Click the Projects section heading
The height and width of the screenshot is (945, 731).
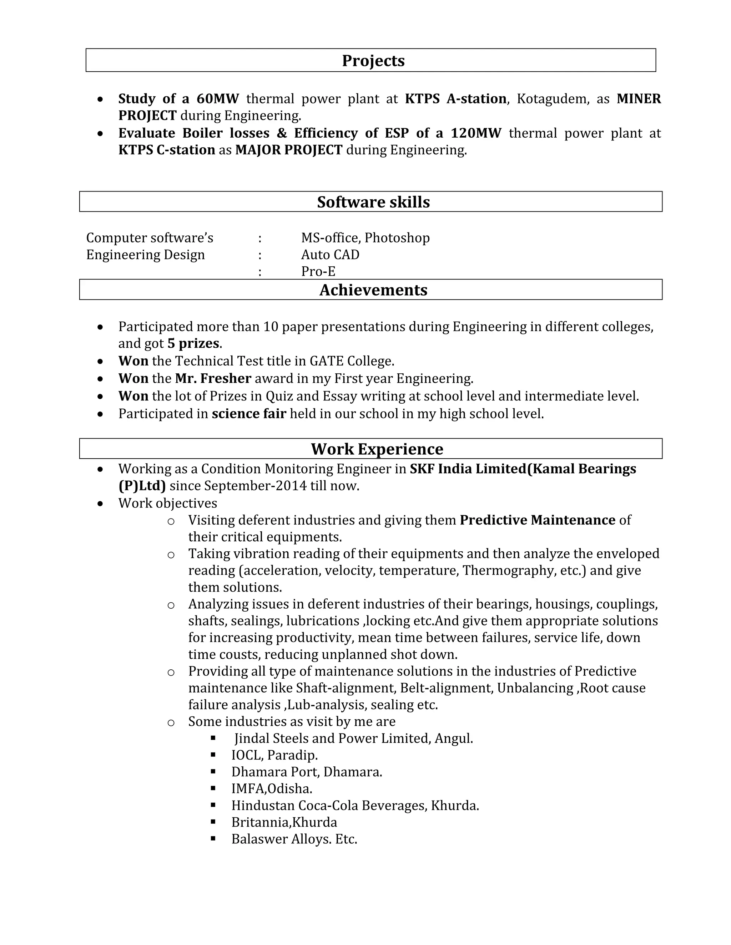tap(373, 61)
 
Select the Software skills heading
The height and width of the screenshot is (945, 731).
tap(373, 202)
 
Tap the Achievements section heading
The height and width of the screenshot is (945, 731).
tap(373, 290)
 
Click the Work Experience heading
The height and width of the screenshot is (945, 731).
tap(377, 449)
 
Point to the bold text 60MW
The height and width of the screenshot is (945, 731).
tap(217, 99)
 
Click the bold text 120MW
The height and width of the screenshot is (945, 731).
tap(475, 133)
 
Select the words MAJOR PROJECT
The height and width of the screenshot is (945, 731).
tap(288, 150)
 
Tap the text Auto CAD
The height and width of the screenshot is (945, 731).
tap(330, 254)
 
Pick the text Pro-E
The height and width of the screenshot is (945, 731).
tap(318, 271)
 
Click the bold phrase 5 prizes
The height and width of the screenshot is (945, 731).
tap(193, 343)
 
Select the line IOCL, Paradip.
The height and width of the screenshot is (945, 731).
tap(274, 755)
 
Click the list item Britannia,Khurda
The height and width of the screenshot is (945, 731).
tap(284, 822)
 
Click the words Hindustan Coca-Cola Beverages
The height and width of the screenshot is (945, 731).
tap(329, 805)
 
